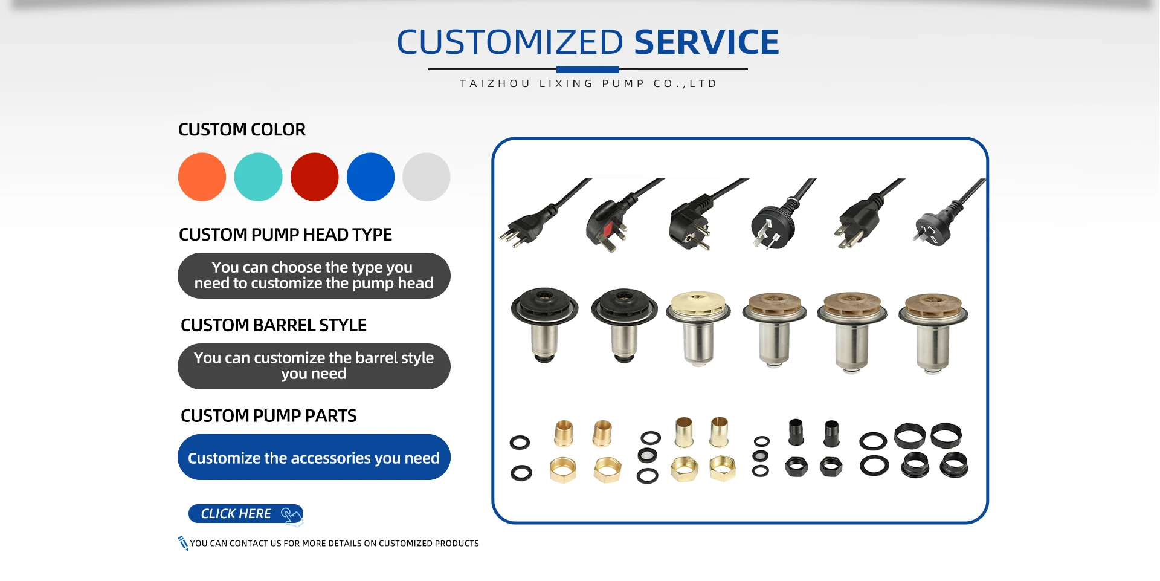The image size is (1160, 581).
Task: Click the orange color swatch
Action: (x=202, y=177)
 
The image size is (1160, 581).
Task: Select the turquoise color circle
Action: (x=258, y=177)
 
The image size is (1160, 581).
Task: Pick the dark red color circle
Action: (x=314, y=177)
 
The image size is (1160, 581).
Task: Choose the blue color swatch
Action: (x=370, y=177)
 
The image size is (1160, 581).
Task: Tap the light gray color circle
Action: (x=427, y=177)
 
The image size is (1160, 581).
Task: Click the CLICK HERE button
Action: (x=245, y=514)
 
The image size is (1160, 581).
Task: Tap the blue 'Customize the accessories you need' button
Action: (x=314, y=457)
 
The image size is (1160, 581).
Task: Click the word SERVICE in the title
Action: (x=706, y=42)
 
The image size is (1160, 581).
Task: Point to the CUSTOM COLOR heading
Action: (x=242, y=129)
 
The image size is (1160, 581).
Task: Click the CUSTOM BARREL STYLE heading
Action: (x=274, y=325)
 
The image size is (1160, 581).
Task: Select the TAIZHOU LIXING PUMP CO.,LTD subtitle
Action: (x=588, y=83)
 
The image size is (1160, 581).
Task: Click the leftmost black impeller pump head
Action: (x=545, y=324)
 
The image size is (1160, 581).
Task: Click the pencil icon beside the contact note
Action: (x=183, y=543)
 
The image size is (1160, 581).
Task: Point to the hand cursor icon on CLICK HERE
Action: (x=291, y=514)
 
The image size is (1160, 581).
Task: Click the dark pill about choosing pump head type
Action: (x=314, y=276)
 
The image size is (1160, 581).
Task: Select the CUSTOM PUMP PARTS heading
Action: (x=268, y=416)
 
